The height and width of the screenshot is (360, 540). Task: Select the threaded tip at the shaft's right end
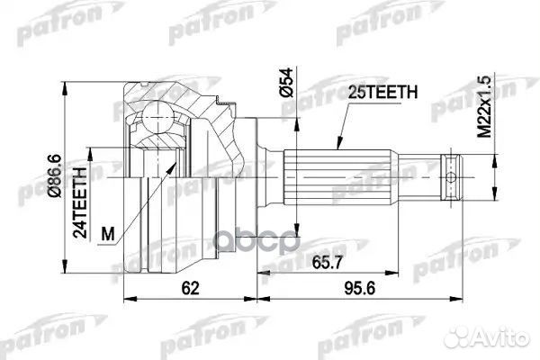[x=454, y=170]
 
